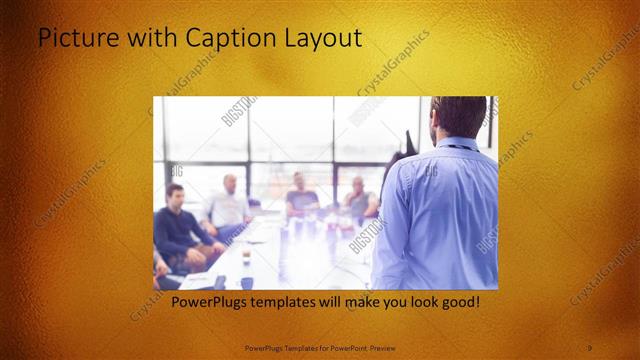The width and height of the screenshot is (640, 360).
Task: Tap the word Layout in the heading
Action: coord(319,40)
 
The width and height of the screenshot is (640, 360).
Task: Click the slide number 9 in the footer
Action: coord(590,347)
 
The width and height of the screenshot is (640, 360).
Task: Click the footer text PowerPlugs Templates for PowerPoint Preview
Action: coord(319,347)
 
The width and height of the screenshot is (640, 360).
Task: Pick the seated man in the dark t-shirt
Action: coord(299,195)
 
